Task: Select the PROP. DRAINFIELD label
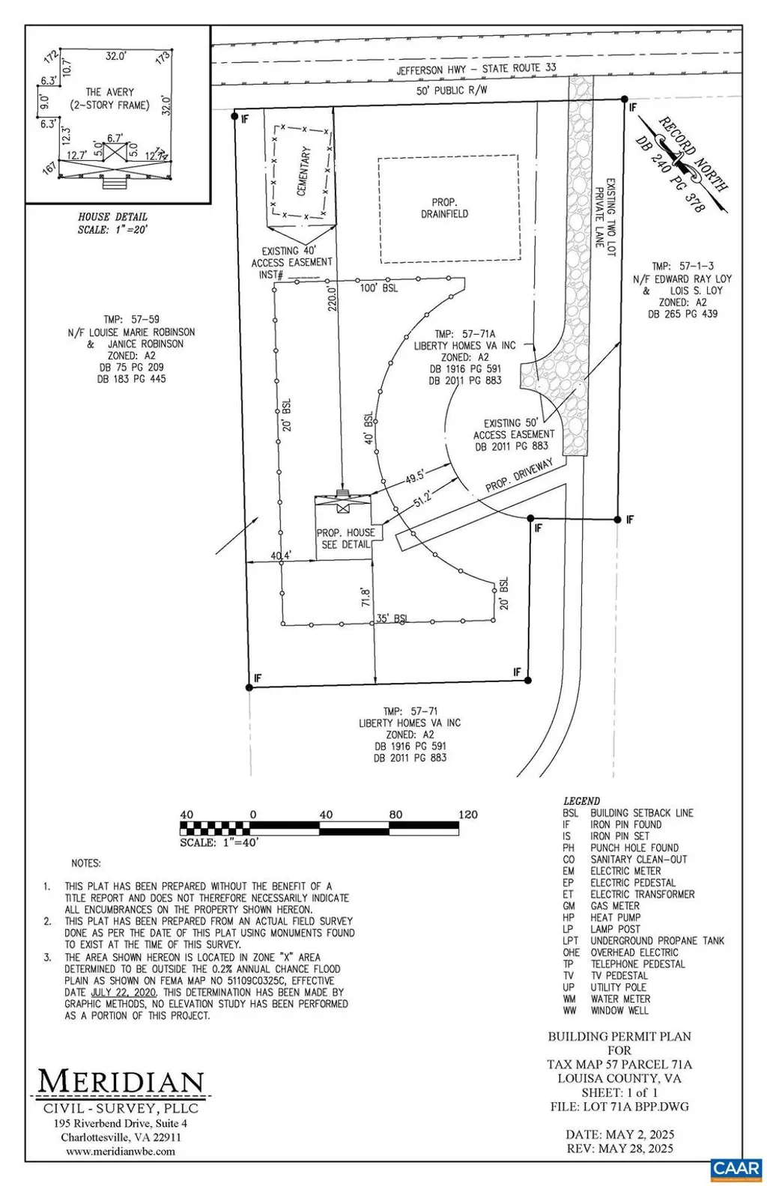[x=449, y=208]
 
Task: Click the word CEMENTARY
[x=303, y=171]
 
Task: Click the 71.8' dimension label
[x=366, y=599]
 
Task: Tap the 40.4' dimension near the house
[x=281, y=556]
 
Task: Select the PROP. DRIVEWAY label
[x=519, y=475]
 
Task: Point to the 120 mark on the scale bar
[x=468, y=815]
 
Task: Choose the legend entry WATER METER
[x=620, y=999]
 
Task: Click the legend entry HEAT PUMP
[x=615, y=917]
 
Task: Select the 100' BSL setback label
[x=379, y=288]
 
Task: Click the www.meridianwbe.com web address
[x=121, y=1151]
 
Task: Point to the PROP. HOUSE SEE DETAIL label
[x=345, y=538]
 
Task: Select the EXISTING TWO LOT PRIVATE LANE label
[x=604, y=218]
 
